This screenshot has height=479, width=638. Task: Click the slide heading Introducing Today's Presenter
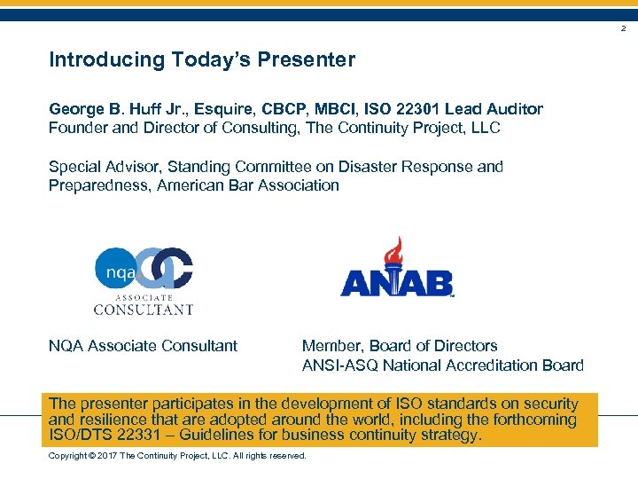pos(202,60)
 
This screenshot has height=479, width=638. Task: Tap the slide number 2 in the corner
pos(622,29)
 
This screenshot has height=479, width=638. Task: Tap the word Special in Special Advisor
pos(74,166)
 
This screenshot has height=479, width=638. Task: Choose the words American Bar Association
pos(248,185)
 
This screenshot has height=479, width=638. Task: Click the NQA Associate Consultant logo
pos(144,280)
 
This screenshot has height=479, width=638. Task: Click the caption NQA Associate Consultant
pos(143,346)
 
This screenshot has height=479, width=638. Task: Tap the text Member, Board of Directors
pos(400,346)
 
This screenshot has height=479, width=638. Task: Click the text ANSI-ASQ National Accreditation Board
pos(442,365)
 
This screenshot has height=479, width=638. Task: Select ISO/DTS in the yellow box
pos(77,436)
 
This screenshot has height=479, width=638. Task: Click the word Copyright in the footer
pos(67,456)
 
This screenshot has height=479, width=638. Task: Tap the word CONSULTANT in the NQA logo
pos(144,310)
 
